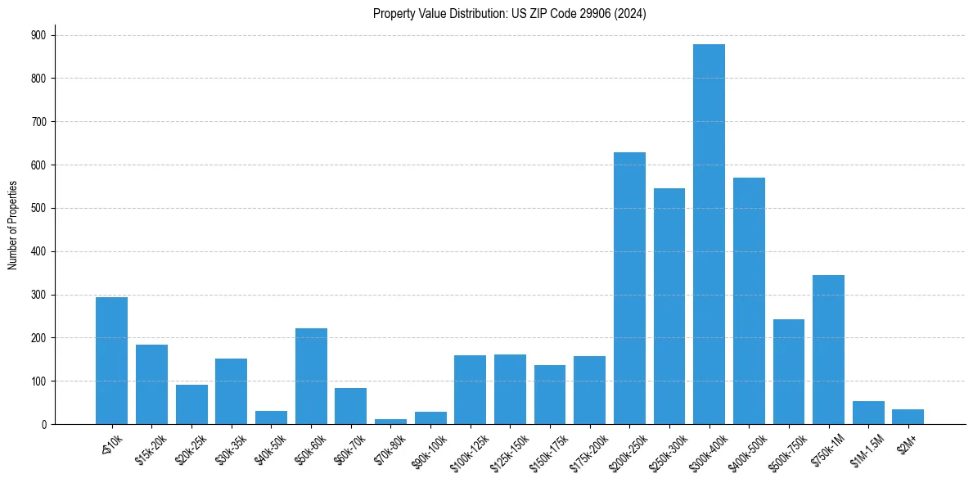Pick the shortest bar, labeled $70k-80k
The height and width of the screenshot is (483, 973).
tap(390, 422)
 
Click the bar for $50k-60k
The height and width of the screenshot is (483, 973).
tap(311, 377)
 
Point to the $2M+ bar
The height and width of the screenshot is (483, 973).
tap(908, 417)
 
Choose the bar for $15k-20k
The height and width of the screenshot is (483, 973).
tap(151, 385)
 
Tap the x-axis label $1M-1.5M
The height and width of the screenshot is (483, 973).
tap(866, 448)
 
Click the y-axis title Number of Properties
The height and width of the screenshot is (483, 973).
tap(12, 225)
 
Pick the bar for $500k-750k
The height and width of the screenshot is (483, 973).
tap(788, 372)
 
